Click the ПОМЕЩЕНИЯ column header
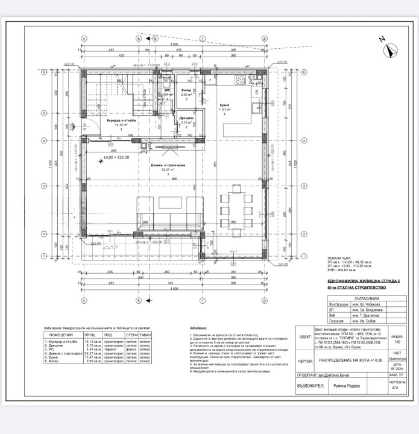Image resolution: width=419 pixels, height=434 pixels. (61, 335)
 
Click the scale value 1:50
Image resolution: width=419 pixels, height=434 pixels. (397, 342)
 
